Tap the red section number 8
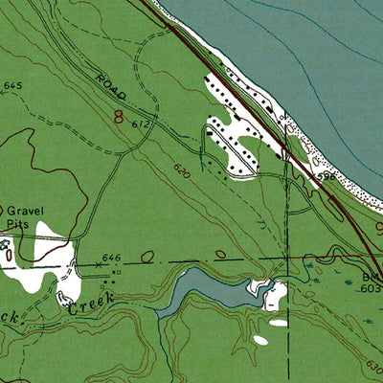tap(119, 118)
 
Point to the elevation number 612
tap(143, 124)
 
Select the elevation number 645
tap(12, 86)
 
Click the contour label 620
tap(182, 171)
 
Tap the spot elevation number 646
tap(113, 258)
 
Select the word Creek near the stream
tap(91, 302)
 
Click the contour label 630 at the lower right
tap(372, 366)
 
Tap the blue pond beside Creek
tap(206, 287)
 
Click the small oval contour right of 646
tap(146, 257)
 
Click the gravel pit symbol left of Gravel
tap(2, 210)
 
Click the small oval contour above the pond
tap(221, 255)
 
